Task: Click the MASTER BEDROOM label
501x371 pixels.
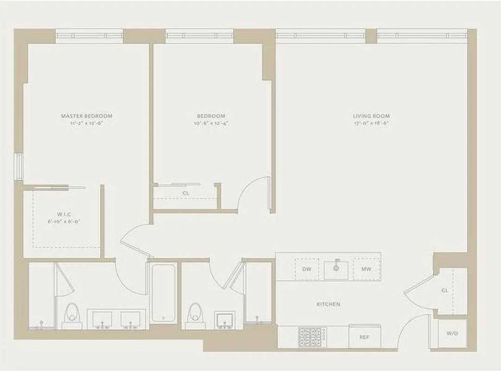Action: [87, 116]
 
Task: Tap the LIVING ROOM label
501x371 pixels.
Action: [371, 116]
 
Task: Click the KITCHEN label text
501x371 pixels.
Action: [328, 304]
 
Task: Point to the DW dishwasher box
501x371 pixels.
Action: [306, 269]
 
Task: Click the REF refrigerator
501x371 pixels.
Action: [364, 337]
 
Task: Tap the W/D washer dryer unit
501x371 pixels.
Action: [452, 333]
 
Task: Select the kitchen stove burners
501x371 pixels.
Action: [312, 337]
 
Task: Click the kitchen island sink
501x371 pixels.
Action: [336, 269]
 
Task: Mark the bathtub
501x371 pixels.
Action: [163, 293]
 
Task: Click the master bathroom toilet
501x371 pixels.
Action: [72, 315]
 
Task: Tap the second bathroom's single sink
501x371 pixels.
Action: [225, 320]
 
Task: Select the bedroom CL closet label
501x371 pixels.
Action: [185, 192]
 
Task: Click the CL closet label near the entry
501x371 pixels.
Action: [445, 291]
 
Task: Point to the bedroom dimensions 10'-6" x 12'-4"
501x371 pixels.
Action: [211, 123]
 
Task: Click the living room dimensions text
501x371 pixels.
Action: [371, 123]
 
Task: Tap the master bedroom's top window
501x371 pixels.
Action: [89, 36]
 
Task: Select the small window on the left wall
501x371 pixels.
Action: [18, 166]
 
